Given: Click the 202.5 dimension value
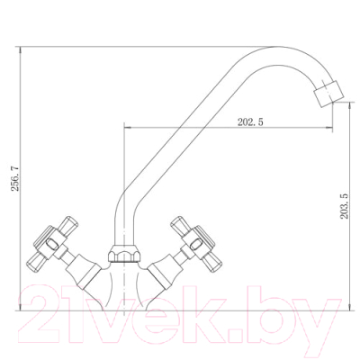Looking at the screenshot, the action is tap(250, 122).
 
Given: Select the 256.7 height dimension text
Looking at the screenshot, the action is tap(15, 178).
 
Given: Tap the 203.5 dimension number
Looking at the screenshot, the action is tap(345, 206).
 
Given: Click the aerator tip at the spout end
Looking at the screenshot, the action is tap(328, 94).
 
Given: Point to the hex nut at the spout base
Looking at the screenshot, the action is tap(124, 254).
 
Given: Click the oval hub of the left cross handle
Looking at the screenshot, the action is tap(52, 243).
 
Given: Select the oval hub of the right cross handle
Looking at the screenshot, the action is tap(195, 244).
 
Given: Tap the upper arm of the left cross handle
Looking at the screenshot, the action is tap(67, 223).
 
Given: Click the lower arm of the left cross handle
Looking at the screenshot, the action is tap(37, 262).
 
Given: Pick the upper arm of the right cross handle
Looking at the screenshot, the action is tap(180, 224).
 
